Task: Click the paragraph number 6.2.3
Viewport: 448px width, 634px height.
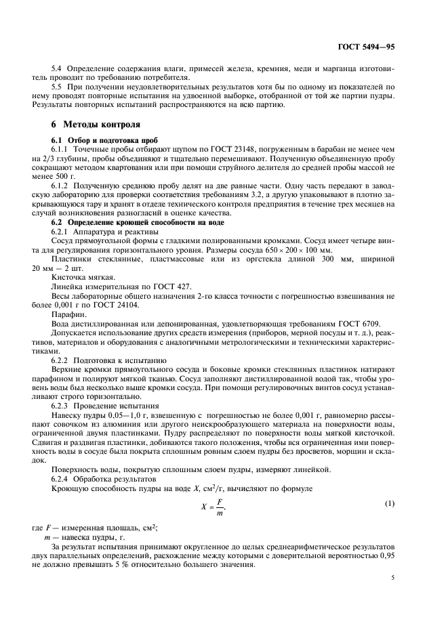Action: (62, 406)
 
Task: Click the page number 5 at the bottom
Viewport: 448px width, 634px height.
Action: (392, 578)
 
